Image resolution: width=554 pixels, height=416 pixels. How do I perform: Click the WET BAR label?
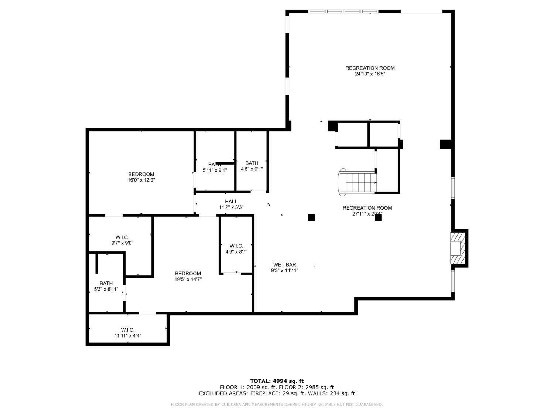tap(284, 264)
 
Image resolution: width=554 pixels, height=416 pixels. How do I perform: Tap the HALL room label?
tap(231, 202)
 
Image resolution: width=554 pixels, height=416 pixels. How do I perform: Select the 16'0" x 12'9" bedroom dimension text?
tap(141, 180)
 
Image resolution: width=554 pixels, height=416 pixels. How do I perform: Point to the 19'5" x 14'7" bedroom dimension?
tap(188, 280)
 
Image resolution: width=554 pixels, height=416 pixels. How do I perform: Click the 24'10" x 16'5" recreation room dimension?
tap(370, 74)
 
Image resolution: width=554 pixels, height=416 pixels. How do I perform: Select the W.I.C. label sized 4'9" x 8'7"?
tap(236, 246)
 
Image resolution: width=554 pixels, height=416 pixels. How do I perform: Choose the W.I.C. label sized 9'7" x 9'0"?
tap(122, 237)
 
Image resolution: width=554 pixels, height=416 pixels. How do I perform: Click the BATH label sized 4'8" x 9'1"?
tap(252, 163)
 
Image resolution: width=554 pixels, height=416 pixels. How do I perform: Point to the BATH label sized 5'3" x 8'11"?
tap(106, 284)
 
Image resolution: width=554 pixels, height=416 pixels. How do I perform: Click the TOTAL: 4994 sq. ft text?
tap(277, 381)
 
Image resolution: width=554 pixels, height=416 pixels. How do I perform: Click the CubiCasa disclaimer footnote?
tap(277, 405)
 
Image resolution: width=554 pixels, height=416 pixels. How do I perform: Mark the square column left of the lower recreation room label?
tap(311, 217)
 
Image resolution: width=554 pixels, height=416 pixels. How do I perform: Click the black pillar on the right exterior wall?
tap(446, 144)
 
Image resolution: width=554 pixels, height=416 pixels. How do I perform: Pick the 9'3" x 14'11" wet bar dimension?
tap(284, 270)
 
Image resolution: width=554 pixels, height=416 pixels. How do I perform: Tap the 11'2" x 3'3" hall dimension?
tap(231, 207)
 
